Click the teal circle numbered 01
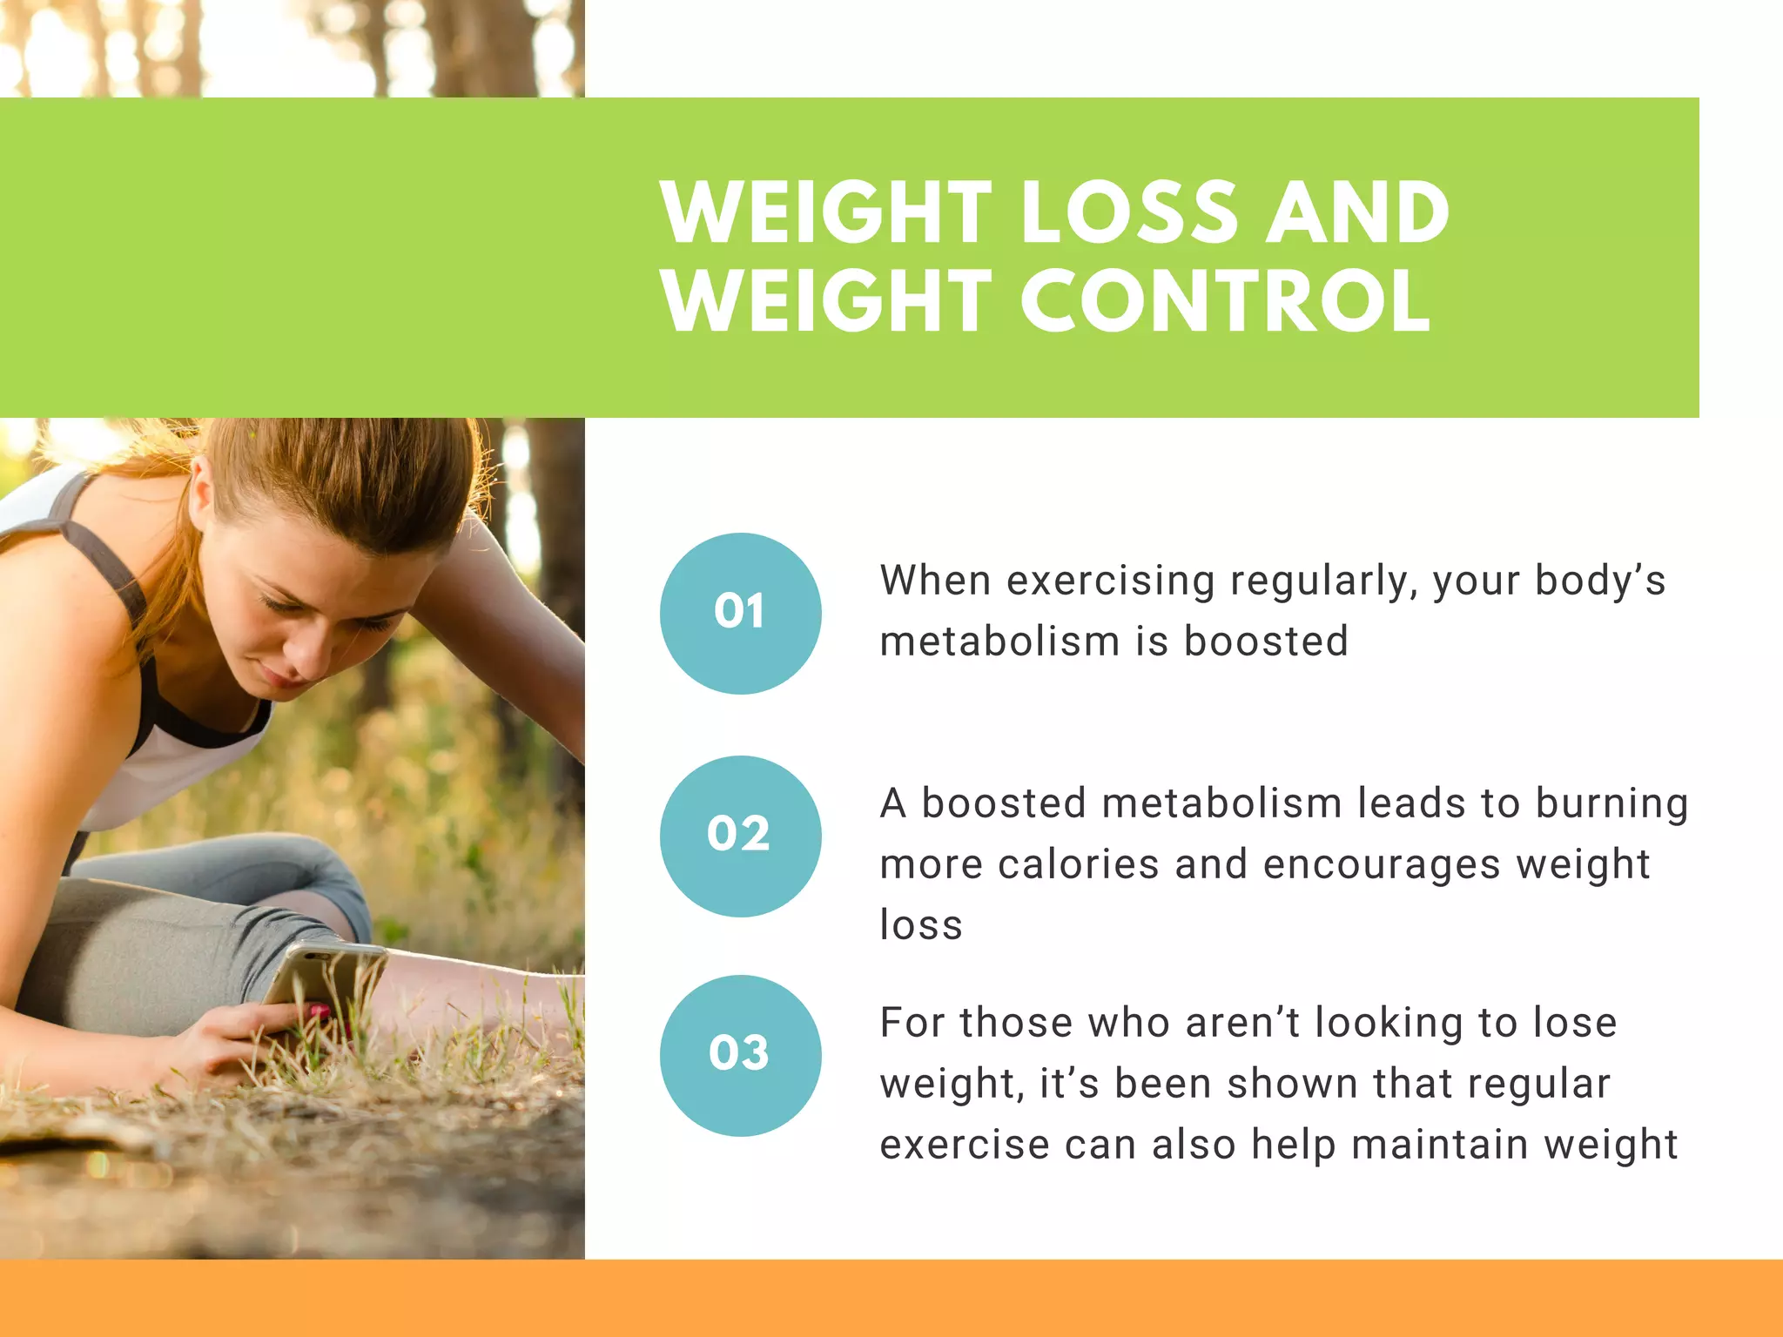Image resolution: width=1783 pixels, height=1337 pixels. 740,613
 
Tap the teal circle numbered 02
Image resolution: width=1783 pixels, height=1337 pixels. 740,836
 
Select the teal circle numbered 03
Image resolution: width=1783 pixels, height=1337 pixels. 740,1055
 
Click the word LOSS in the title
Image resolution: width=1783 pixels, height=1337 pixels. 1128,212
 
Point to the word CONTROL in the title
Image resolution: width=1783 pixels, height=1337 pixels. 1224,301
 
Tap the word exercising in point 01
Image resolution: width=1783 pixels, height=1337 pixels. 1111,581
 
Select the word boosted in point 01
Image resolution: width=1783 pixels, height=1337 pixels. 1266,642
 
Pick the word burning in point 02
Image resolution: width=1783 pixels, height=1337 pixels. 1611,804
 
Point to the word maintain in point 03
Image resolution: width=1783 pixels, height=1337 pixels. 1430,1145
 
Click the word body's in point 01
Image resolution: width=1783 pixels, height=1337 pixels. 1599,581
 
